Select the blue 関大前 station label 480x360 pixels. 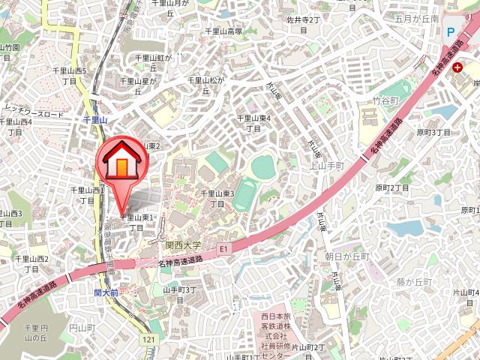106,293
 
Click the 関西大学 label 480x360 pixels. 184,245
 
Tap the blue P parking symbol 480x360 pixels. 450,32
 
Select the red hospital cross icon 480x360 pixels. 457,67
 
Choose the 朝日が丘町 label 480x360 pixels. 347,256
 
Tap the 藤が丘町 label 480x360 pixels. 415,281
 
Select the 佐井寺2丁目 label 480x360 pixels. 303,24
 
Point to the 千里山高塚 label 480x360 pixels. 223,31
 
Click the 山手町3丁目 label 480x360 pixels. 179,294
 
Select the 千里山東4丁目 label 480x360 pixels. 253,123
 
